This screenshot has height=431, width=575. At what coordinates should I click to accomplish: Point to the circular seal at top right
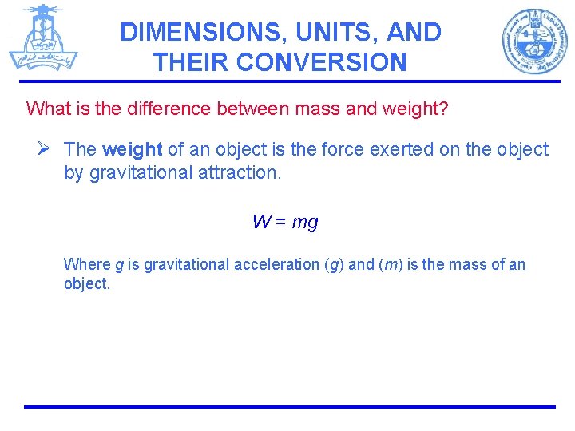[534, 41]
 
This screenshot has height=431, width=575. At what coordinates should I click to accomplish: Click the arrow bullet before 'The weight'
[44, 148]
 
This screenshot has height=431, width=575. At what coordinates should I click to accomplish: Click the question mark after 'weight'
[444, 108]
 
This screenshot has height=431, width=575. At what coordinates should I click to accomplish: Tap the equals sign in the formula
[281, 223]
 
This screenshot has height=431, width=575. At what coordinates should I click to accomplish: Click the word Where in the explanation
[87, 264]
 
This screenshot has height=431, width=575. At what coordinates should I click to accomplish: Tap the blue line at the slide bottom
[289, 406]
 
